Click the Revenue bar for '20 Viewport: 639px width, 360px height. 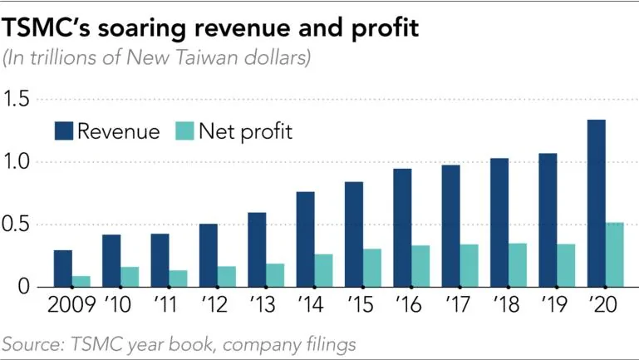(596, 204)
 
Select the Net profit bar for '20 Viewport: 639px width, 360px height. (616, 254)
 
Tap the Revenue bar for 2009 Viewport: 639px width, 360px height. (63, 269)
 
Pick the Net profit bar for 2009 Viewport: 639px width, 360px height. (82, 281)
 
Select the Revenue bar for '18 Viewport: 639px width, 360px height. (499, 223)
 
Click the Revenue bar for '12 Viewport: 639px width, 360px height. (208, 255)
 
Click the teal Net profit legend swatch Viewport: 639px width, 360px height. (184, 131)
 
